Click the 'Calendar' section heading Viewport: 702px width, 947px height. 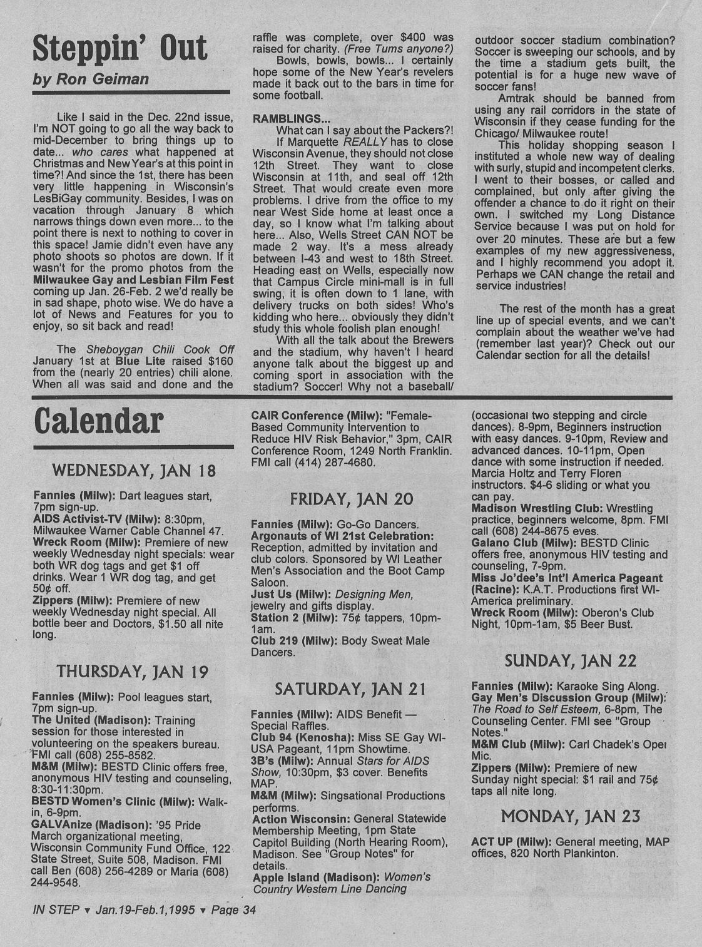click(x=98, y=421)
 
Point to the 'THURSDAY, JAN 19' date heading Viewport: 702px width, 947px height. click(x=132, y=672)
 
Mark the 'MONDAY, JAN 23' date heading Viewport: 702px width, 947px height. click(x=570, y=816)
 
